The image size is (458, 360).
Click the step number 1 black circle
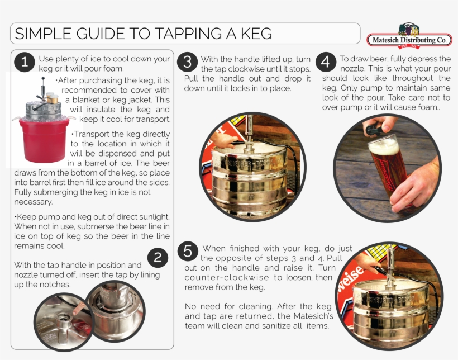(24, 63)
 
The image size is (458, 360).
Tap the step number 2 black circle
(158, 258)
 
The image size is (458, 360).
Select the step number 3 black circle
(188, 63)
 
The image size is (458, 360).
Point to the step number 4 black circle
(327, 63)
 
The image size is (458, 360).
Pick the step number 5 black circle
(188, 252)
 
